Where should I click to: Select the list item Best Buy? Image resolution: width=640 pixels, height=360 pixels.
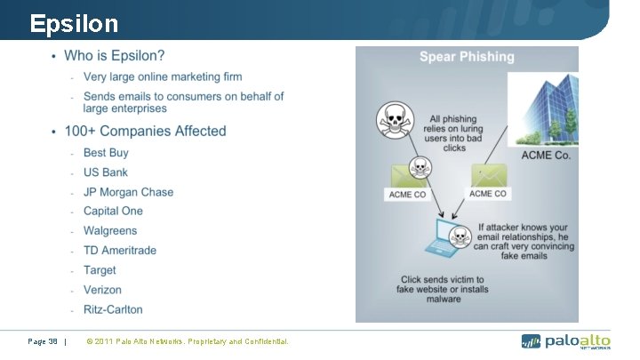click(106, 153)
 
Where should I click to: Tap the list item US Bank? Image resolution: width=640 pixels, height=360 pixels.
click(105, 172)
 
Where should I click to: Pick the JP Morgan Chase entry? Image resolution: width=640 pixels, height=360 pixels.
click(128, 192)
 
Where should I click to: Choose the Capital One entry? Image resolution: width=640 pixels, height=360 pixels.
click(113, 212)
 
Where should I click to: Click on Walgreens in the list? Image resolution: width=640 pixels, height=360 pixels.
click(110, 231)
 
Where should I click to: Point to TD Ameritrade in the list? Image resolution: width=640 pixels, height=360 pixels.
click(119, 251)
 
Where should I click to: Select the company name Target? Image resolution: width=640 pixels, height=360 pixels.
click(100, 270)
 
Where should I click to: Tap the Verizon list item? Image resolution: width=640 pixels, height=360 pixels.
click(102, 290)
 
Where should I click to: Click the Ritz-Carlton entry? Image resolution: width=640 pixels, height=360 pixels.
click(113, 309)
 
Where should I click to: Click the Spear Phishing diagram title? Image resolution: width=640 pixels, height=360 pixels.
click(467, 57)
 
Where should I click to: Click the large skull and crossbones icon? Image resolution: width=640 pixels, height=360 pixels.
click(394, 121)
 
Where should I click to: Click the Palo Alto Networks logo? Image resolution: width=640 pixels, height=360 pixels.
click(565, 341)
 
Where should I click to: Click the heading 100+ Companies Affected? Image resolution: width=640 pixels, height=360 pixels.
click(145, 132)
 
